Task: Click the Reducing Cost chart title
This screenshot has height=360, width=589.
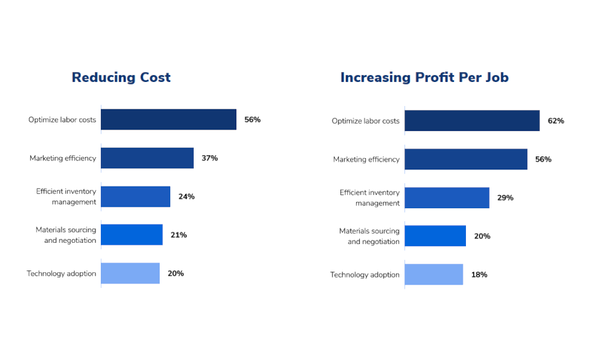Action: (x=121, y=77)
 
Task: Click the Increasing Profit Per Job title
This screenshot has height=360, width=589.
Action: (x=424, y=77)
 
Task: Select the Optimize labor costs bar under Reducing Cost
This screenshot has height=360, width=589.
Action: (x=168, y=120)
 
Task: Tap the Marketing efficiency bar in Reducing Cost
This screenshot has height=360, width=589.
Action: (x=147, y=158)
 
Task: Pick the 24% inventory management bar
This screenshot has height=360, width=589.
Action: (x=135, y=196)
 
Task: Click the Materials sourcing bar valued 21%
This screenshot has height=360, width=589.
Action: (x=132, y=235)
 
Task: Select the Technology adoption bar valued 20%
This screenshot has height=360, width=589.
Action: (x=130, y=274)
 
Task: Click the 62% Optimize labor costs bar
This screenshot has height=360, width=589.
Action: (x=472, y=120)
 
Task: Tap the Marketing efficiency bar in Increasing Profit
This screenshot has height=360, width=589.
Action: (x=466, y=159)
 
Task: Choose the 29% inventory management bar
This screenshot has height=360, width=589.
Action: (x=447, y=198)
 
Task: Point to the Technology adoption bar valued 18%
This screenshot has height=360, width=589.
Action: (x=434, y=275)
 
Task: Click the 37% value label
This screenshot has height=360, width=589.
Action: (x=209, y=158)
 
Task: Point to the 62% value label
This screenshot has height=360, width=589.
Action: (x=556, y=121)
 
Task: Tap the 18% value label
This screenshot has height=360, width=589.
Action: (x=479, y=275)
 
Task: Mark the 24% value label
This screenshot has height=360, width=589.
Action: (x=187, y=197)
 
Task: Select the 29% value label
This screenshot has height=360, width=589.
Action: (x=505, y=198)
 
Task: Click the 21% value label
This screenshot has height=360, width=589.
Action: (x=179, y=235)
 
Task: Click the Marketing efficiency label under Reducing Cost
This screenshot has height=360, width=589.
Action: (x=63, y=158)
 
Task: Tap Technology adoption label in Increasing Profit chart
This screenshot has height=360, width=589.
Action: (x=365, y=275)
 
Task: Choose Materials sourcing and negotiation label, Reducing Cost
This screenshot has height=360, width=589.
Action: (x=66, y=235)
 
